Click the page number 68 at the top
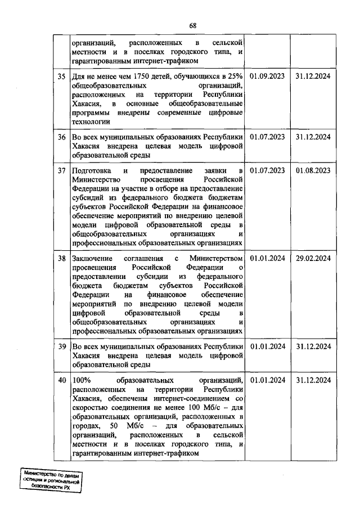[193, 26]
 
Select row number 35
[61, 76]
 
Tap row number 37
[61, 170]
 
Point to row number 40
[61, 381]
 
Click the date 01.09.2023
[267, 76]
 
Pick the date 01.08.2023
[313, 170]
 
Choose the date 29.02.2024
[313, 258]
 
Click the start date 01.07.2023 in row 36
[267, 137]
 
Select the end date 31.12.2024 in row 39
[313, 346]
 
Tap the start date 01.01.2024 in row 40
[267, 381]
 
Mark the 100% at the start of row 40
[82, 381]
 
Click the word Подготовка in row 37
[92, 170]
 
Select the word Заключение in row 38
[93, 258]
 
